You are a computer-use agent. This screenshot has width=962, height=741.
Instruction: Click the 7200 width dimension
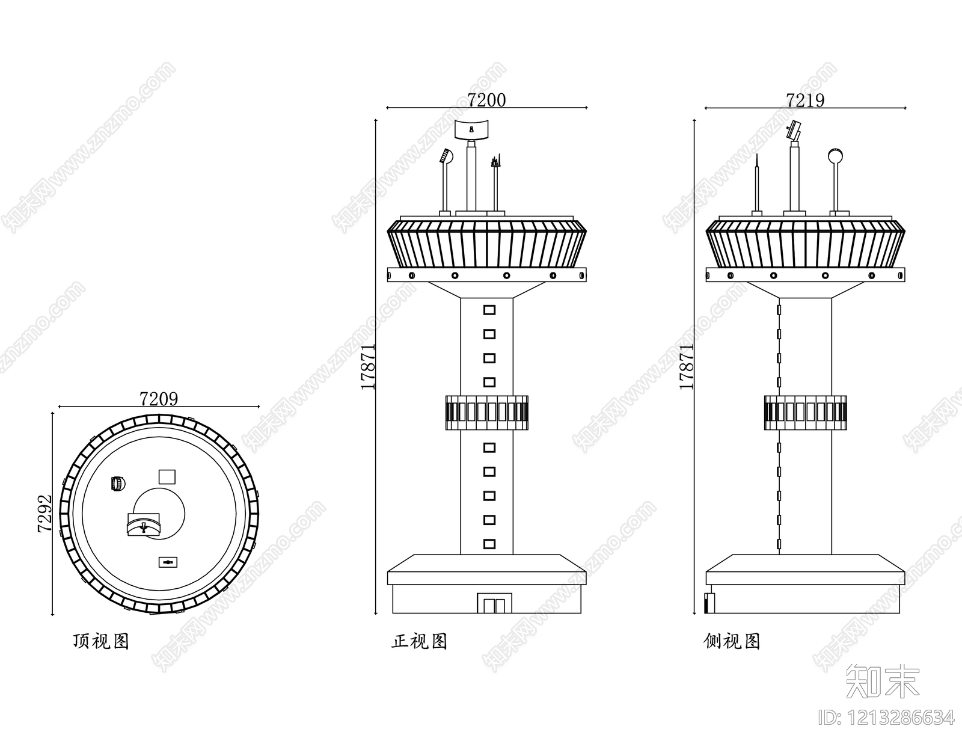pyautogui.click(x=486, y=100)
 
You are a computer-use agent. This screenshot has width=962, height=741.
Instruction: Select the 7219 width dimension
pyautogui.click(x=805, y=100)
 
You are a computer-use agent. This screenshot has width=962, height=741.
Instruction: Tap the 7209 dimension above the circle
pyautogui.click(x=159, y=399)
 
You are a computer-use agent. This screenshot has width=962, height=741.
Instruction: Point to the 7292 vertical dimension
pyautogui.click(x=44, y=514)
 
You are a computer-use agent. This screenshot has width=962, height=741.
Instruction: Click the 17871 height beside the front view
pyautogui.click(x=367, y=366)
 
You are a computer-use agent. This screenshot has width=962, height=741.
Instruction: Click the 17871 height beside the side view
pyautogui.click(x=686, y=366)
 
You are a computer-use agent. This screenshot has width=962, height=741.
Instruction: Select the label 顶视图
pyautogui.click(x=100, y=641)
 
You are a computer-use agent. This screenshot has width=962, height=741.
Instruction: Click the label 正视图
pyautogui.click(x=419, y=641)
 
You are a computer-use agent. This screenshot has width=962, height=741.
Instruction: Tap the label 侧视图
pyautogui.click(x=732, y=641)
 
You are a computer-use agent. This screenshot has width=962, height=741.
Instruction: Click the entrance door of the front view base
pyautogui.click(x=494, y=603)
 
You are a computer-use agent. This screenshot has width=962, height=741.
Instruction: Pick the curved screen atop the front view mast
pyautogui.click(x=472, y=129)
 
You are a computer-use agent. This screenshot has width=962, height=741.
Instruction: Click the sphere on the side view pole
pyautogui.click(x=835, y=156)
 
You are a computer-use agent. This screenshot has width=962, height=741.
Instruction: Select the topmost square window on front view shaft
pyautogui.click(x=489, y=310)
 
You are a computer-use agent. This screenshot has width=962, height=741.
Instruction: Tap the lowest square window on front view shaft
pyautogui.click(x=489, y=544)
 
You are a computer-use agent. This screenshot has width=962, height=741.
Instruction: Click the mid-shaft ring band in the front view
pyautogui.click(x=486, y=413)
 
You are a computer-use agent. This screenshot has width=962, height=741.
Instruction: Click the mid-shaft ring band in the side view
pyautogui.click(x=805, y=413)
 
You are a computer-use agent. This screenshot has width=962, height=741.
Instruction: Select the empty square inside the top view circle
pyautogui.click(x=167, y=477)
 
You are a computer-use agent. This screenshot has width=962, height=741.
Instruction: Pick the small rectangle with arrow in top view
pyautogui.click(x=168, y=562)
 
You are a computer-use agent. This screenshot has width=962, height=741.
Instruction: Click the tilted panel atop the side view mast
pyautogui.click(x=795, y=129)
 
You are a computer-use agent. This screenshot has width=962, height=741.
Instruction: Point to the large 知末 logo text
pyautogui.click(x=882, y=681)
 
